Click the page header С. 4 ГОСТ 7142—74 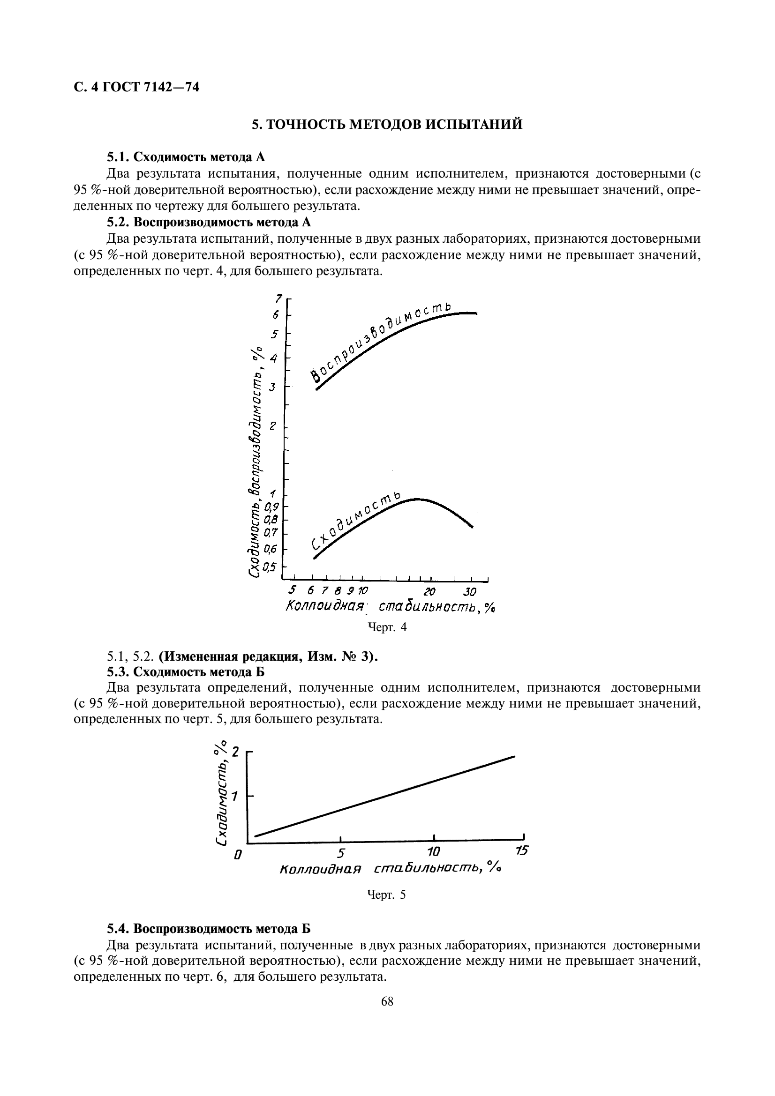click(136, 87)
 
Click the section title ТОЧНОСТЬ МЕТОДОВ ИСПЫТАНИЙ click(387, 124)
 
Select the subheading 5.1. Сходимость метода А click(185, 157)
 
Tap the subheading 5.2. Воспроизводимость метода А click(208, 222)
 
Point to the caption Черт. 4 click(387, 627)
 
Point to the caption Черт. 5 click(386, 895)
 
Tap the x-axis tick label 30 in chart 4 click(470, 592)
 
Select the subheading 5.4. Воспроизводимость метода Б click(208, 929)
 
